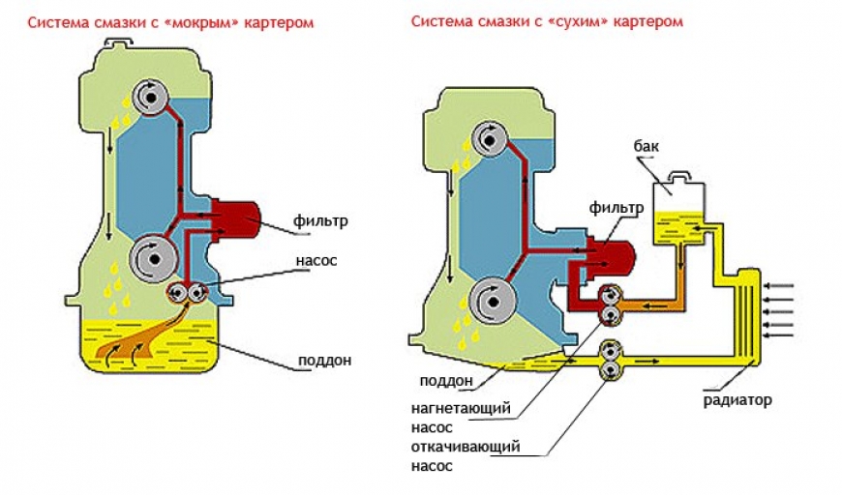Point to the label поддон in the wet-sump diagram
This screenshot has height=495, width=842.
click(x=324, y=362)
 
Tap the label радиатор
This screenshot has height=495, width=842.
click(x=738, y=399)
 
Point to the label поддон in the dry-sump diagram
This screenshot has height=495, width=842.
click(x=445, y=380)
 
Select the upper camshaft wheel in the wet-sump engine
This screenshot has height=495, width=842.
click(x=151, y=95)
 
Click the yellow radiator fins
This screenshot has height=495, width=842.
click(x=746, y=306)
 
